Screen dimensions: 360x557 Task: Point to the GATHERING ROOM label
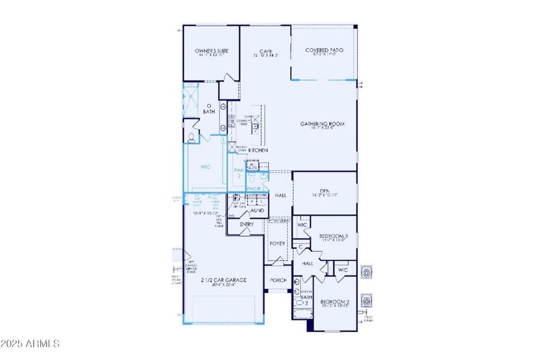[x=323, y=124]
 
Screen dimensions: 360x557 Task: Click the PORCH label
[x=278, y=280]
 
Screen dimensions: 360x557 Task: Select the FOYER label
[x=277, y=244]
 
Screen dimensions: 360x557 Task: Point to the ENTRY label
[x=246, y=224]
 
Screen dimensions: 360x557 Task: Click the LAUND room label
[x=257, y=211]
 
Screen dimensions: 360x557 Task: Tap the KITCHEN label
[x=258, y=150]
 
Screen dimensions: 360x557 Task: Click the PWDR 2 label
[x=256, y=188]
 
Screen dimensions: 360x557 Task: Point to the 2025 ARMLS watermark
[x=30, y=344]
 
